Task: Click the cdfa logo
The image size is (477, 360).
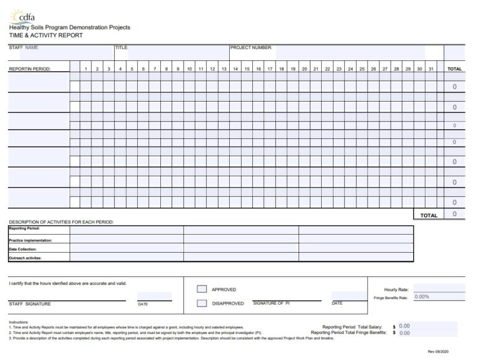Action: point(24,16)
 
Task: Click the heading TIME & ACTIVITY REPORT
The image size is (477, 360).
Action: point(45,35)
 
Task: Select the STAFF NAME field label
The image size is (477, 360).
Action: point(24,48)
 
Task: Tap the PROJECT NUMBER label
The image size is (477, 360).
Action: point(251,48)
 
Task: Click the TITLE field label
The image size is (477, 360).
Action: point(121,48)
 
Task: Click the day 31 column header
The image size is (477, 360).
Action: point(430,69)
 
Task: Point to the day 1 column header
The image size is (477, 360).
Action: point(86,69)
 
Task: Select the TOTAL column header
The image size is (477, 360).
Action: point(454,69)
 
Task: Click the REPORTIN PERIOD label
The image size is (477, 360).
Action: point(30,69)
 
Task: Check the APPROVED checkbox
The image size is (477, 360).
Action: point(202,289)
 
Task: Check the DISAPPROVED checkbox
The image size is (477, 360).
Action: point(202,304)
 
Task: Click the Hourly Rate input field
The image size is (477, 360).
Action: point(438,289)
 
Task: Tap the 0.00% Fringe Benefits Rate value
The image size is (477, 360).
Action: point(422,297)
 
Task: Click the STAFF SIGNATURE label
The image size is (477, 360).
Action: point(30,304)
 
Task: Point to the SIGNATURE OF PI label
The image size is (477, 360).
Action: point(271,303)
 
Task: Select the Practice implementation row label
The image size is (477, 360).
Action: point(30,240)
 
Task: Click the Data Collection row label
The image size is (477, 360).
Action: point(23,249)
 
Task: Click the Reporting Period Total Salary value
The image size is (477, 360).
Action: point(404,326)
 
